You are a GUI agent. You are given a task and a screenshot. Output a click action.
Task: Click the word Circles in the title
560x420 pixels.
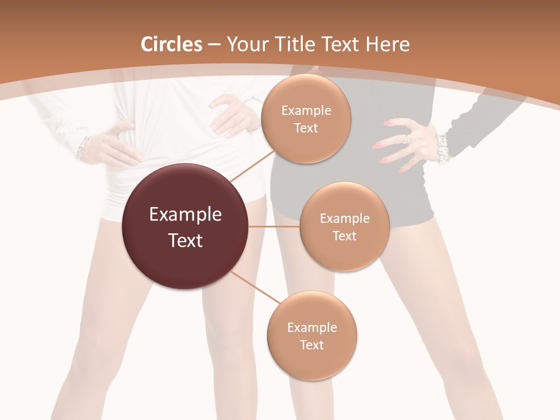(171, 44)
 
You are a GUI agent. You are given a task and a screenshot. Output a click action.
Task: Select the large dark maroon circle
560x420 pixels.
(185, 227)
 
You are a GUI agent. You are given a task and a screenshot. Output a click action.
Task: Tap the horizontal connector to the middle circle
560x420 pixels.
(274, 226)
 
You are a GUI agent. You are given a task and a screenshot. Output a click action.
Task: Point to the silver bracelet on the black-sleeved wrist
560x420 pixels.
(442, 148)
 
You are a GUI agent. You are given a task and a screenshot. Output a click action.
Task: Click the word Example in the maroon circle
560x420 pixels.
(185, 215)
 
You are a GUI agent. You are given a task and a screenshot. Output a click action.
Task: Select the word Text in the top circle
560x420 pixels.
(306, 128)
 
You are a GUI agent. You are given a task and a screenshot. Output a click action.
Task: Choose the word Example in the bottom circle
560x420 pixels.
(312, 327)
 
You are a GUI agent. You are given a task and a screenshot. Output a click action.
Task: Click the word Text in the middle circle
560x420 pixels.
(344, 236)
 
